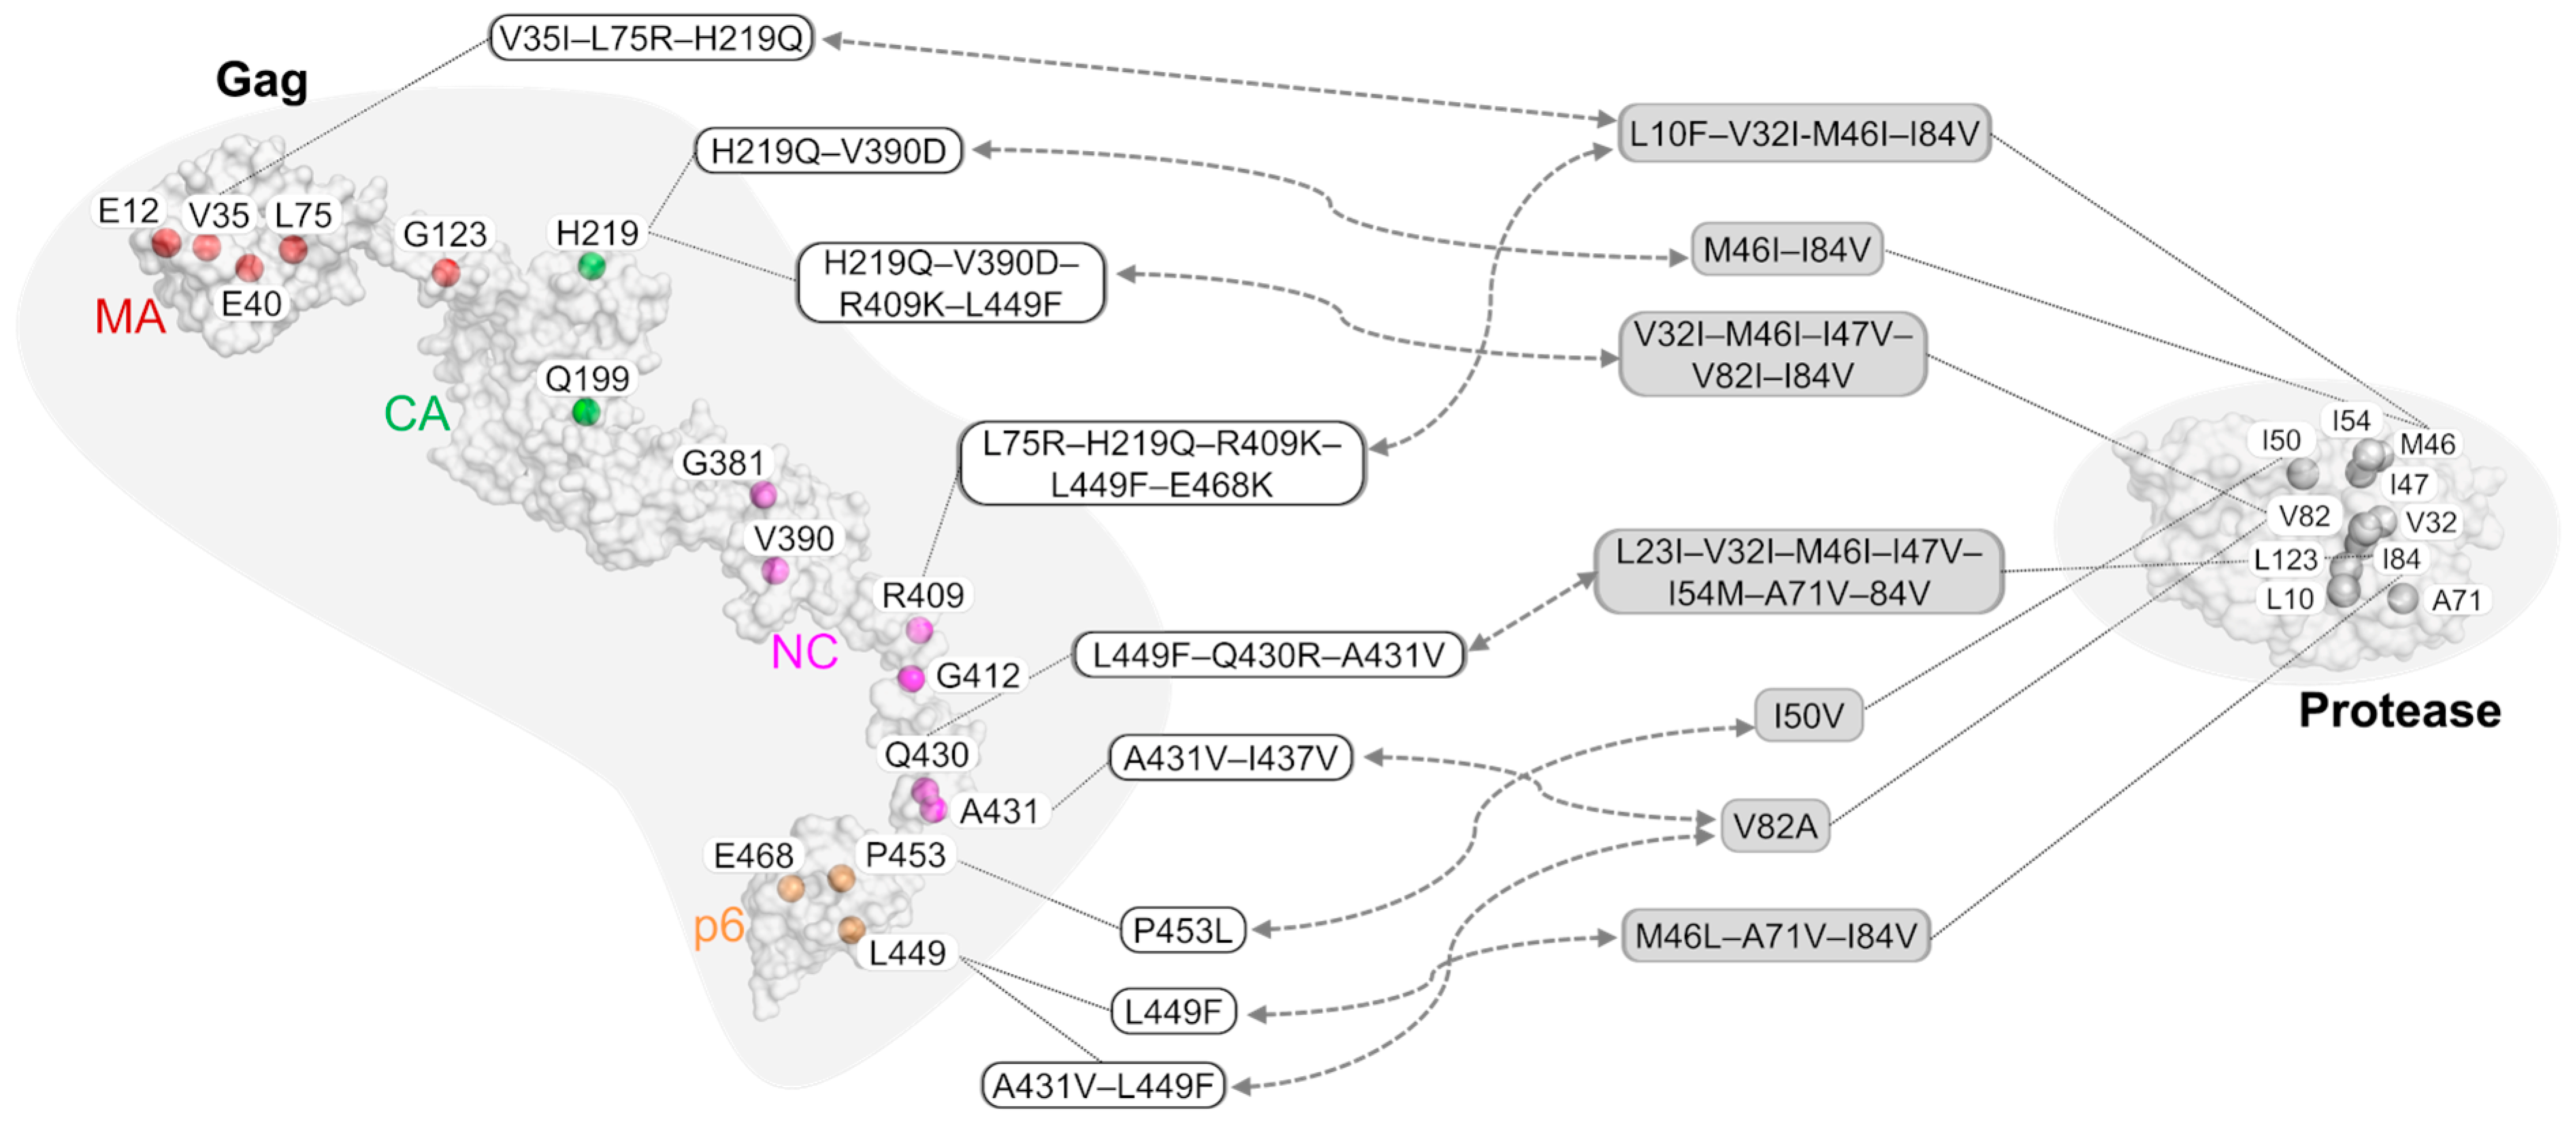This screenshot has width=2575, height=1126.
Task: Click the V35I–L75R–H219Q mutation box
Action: (651, 38)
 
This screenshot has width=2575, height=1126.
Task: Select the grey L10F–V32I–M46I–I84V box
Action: (1803, 133)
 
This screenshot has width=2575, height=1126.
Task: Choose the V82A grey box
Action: (1774, 826)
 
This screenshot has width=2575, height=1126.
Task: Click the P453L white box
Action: (1183, 930)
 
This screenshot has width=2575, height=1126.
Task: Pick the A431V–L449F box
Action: (1102, 1085)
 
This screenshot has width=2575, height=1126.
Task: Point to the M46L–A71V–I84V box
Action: (1775, 936)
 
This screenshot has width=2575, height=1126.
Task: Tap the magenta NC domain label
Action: (804, 652)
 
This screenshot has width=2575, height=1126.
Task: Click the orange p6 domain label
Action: (719, 925)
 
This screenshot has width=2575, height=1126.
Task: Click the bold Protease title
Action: (2399, 711)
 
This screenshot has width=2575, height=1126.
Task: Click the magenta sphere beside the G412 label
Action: (911, 679)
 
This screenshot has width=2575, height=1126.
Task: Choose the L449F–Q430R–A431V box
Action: (1268, 655)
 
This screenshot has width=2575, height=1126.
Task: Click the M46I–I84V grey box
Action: (1786, 249)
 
